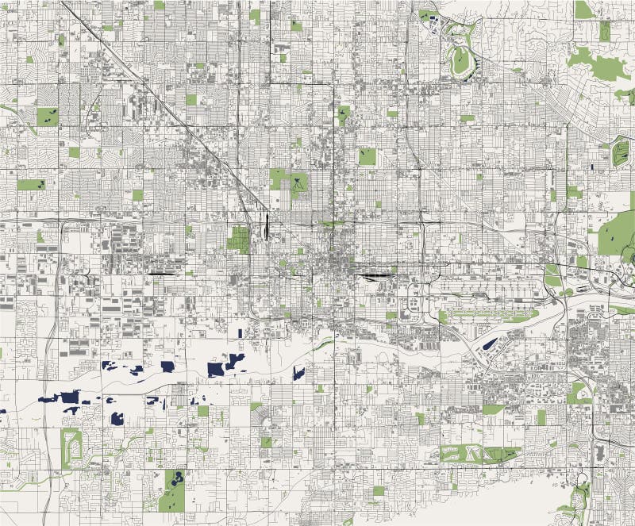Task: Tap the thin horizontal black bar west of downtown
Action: [x=163, y=274]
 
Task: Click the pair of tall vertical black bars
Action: [x=265, y=225]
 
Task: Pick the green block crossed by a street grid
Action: [x=239, y=238]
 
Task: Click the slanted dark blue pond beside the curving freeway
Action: [x=491, y=344]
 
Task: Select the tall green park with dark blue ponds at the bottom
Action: [x=172, y=490]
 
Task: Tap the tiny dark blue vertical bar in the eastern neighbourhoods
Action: [x=592, y=167]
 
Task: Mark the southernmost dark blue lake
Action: [x=118, y=418]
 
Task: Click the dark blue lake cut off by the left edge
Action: [x=2, y=412]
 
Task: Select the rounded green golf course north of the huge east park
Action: [x=621, y=152]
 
